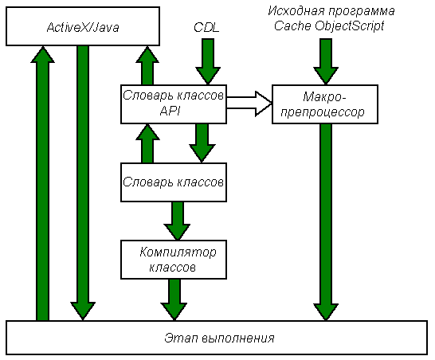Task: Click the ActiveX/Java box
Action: pyautogui.click(x=83, y=26)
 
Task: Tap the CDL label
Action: pyautogui.click(x=206, y=27)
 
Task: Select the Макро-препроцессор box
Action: pyautogui.click(x=325, y=104)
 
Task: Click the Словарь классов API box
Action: pyautogui.click(x=174, y=104)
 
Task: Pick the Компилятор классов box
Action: pyautogui.click(x=174, y=260)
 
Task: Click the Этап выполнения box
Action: pyautogui.click(x=217, y=338)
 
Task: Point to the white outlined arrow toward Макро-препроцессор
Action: pyautogui.click(x=249, y=104)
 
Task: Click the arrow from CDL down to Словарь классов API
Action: pyautogui.click(x=208, y=61)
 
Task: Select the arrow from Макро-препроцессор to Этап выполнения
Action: pyautogui.click(x=326, y=222)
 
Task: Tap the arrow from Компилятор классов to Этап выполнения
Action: pyautogui.click(x=174, y=299)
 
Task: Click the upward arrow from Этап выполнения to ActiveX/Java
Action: pyautogui.click(x=42, y=183)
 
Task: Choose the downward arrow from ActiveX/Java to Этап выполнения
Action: pyautogui.click(x=83, y=183)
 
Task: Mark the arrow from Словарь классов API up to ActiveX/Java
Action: pyautogui.click(x=147, y=65)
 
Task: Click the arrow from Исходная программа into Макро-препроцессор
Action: pyautogui.click(x=326, y=61)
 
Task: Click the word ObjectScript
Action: pyautogui.click(x=350, y=26)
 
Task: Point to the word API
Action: pyautogui.click(x=170, y=112)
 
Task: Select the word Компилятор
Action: pyautogui.click(x=178, y=252)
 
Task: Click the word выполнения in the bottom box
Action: pyautogui.click(x=237, y=338)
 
